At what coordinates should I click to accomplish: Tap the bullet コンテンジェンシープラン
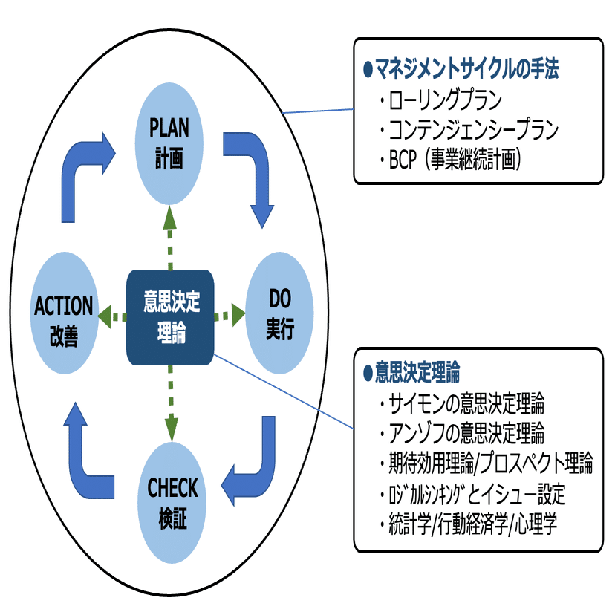pyautogui.click(x=472, y=130)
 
